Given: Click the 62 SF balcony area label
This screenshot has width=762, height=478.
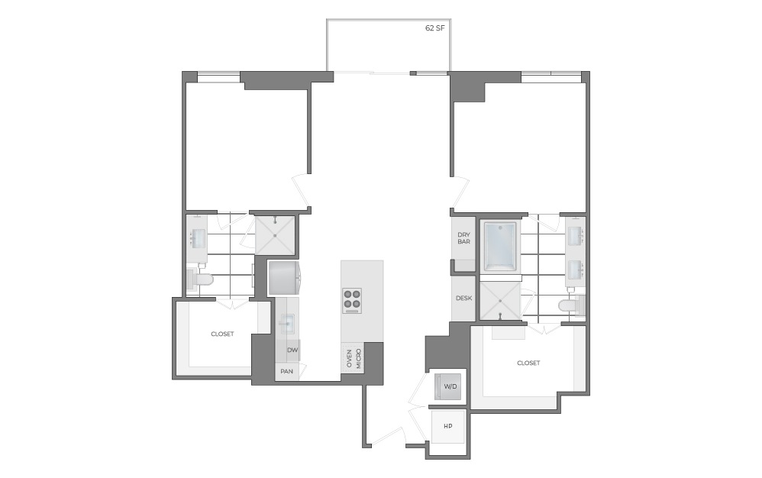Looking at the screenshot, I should (x=435, y=28).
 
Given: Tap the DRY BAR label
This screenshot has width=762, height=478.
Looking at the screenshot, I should (x=463, y=238).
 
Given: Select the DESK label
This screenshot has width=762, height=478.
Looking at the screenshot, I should (x=463, y=299).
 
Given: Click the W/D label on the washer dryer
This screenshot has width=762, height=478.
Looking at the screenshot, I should (x=450, y=387).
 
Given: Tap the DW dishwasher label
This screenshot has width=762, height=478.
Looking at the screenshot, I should (x=292, y=350).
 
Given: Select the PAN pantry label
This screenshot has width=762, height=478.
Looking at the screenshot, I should (x=287, y=372).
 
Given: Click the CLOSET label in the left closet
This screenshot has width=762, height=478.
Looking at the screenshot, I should (x=222, y=334).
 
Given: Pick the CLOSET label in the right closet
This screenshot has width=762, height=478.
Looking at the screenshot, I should (x=528, y=363).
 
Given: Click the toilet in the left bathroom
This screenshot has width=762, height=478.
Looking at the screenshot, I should (x=202, y=279).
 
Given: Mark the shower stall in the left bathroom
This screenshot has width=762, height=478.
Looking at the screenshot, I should (x=274, y=234).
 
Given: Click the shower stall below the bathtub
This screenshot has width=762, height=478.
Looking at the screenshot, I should (x=499, y=300).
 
